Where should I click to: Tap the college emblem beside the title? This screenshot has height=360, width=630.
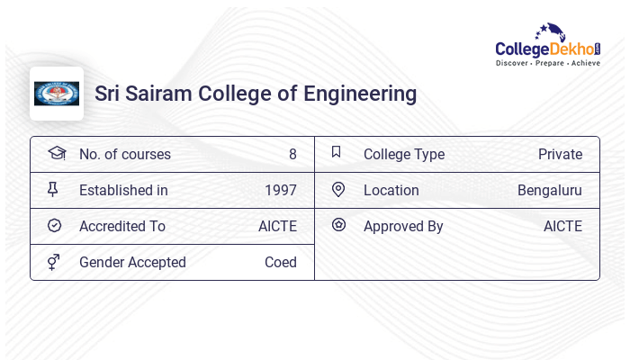[x=57, y=94]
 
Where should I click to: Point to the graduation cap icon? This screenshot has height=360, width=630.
[x=56, y=154]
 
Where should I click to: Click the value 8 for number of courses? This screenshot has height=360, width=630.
[x=292, y=154]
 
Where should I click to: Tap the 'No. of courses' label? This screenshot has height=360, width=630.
[x=125, y=154]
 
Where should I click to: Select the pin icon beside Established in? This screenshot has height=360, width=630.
[x=54, y=190]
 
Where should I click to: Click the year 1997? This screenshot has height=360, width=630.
[x=281, y=190]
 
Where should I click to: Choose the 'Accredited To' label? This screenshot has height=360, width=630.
[x=122, y=226]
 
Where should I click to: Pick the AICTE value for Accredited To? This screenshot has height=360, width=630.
[x=277, y=226]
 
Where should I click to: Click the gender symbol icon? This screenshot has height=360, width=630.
[x=54, y=262]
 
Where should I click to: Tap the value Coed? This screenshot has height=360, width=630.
[x=281, y=262]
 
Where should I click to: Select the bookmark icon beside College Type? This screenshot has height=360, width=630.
[x=337, y=153]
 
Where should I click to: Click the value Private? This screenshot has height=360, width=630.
[x=560, y=154]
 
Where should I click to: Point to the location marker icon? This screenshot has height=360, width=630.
[x=338, y=190]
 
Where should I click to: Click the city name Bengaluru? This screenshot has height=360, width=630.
[x=550, y=190]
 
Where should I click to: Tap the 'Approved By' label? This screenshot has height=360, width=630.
[x=403, y=226]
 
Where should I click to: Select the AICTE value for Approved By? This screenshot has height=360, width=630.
[x=562, y=226]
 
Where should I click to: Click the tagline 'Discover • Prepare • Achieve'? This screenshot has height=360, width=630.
[x=548, y=64]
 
